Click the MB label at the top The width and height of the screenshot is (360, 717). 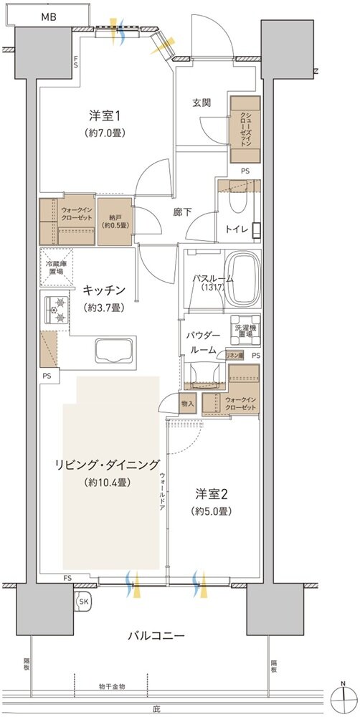(49, 16)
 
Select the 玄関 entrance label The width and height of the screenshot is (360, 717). (202, 103)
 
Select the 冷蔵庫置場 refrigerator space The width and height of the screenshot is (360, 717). (57, 269)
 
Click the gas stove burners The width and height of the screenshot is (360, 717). (57, 309)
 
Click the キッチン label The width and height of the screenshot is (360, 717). (105, 290)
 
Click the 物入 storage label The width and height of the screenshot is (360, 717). (188, 404)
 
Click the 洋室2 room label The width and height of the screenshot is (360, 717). (212, 494)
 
